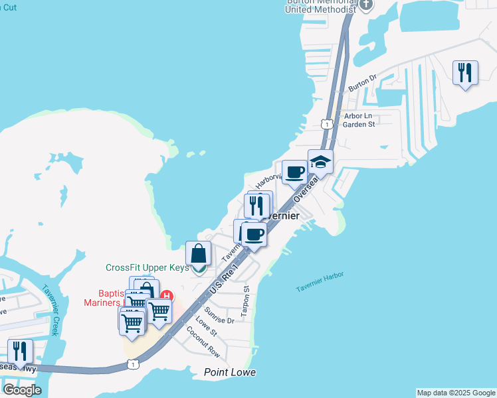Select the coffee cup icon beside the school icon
[295, 172]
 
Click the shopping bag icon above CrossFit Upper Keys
[198, 253]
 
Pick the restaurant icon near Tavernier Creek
[20, 351]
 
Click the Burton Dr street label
[363, 83]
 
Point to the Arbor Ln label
[359, 115]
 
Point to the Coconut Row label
[203, 342]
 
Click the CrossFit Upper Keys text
[147, 268]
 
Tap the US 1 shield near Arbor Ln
[326, 124]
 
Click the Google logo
[22, 389]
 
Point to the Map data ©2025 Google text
[456, 393]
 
